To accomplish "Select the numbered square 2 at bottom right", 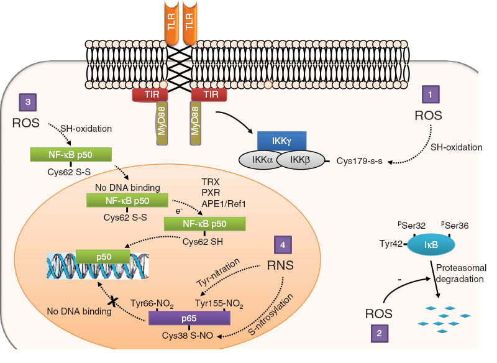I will pos(380,334).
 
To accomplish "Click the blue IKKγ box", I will pos(278,143).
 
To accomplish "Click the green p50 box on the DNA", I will pos(103,255).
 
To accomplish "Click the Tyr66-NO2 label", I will pos(152,303).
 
